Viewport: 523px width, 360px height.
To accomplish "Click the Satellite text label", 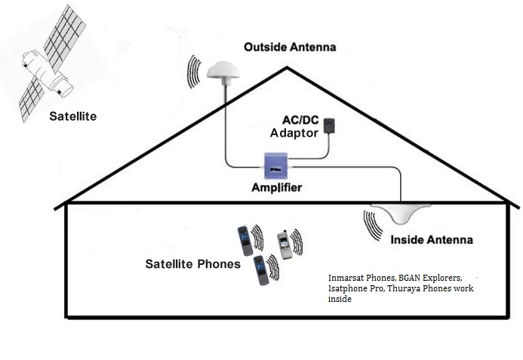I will coord(73,116).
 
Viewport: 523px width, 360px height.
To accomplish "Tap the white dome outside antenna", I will coord(223,72).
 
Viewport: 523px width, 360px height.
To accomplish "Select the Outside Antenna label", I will coord(290,48).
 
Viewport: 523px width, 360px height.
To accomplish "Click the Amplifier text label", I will coord(276,187).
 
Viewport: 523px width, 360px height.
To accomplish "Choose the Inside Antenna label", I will coord(431,240).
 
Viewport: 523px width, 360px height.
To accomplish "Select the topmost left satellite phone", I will coord(244,240).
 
